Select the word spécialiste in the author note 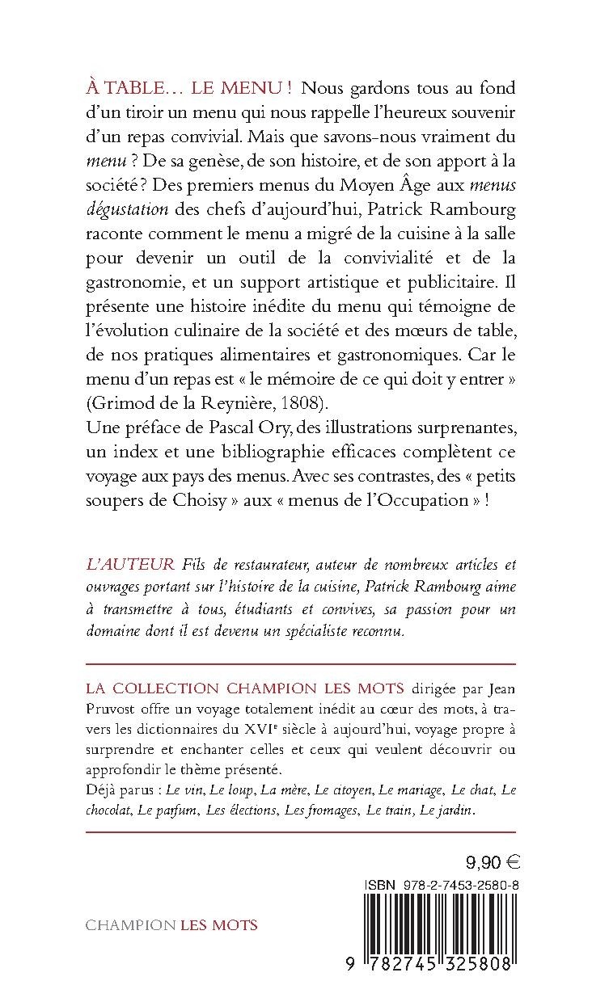(x=333, y=630)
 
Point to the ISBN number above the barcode (x=453, y=885)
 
